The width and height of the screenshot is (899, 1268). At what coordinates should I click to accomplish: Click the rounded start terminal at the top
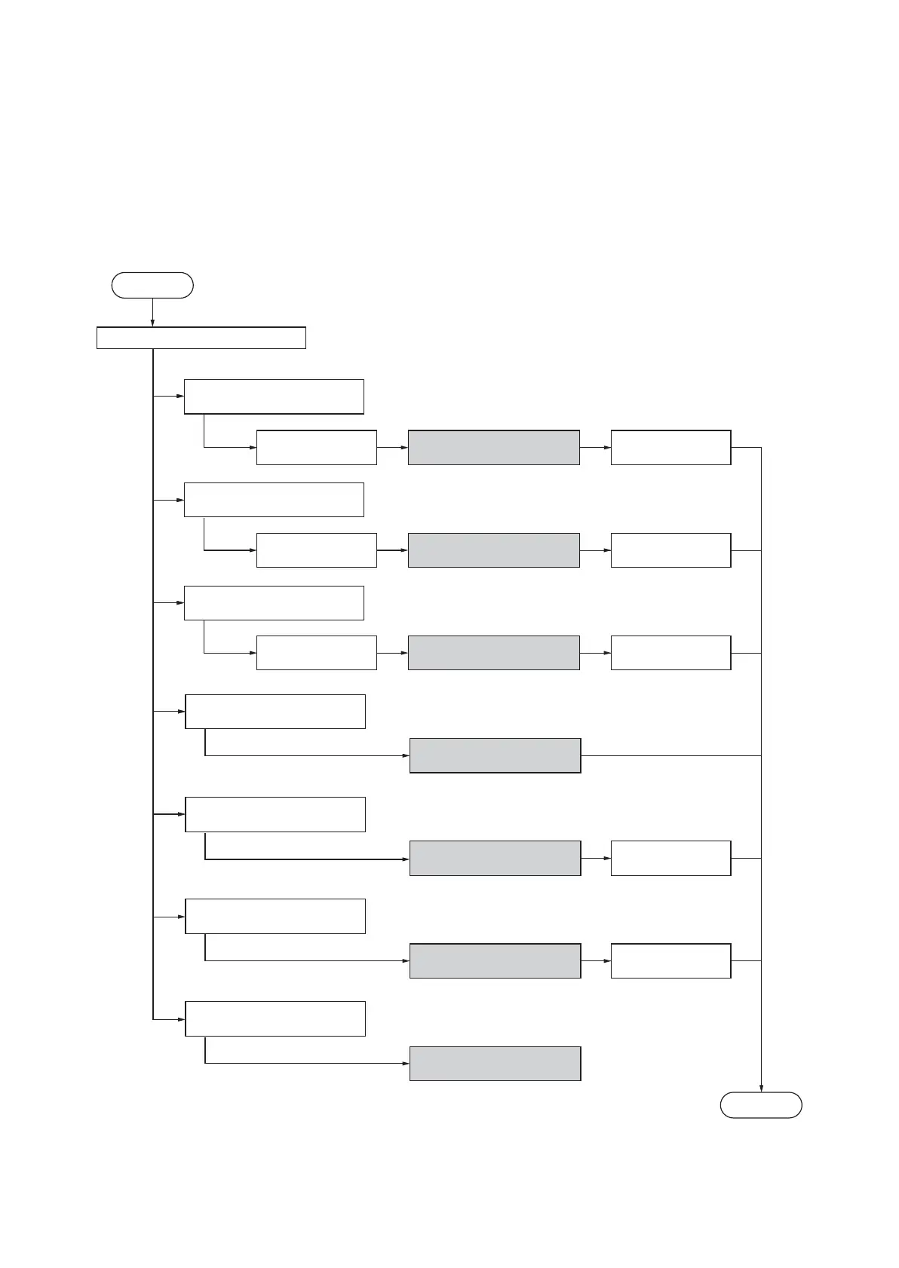pyautogui.click(x=152, y=285)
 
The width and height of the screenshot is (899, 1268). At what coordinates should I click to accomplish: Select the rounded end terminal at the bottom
pyautogui.click(x=761, y=1104)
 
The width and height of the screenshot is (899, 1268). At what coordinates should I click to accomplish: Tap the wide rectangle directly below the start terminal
pyautogui.click(x=201, y=338)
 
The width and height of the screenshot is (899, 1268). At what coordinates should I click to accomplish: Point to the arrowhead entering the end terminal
pyautogui.click(x=761, y=1088)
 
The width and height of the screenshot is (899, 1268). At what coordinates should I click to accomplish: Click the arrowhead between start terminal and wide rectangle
pyautogui.click(x=152, y=323)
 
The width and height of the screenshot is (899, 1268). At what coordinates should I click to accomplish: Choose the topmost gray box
pyautogui.click(x=494, y=447)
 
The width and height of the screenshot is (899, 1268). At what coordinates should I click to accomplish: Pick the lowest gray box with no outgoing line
pyautogui.click(x=495, y=1063)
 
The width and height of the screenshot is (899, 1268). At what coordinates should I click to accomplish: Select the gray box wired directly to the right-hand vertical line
pyautogui.click(x=495, y=755)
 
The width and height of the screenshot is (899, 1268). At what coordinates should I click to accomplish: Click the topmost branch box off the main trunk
pyautogui.click(x=274, y=397)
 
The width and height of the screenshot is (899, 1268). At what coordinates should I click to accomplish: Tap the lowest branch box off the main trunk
pyautogui.click(x=275, y=1018)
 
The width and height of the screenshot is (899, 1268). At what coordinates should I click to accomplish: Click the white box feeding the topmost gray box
pyautogui.click(x=317, y=447)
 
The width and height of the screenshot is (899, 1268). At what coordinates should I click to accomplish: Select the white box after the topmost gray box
pyautogui.click(x=670, y=447)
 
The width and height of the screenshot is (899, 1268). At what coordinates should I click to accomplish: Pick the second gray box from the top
pyautogui.click(x=494, y=550)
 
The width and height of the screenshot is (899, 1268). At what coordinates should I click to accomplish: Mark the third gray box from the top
pyautogui.click(x=494, y=652)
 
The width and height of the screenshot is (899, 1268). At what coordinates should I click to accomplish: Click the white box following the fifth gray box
pyautogui.click(x=670, y=858)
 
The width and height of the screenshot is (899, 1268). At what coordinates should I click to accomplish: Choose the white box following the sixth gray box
pyautogui.click(x=670, y=960)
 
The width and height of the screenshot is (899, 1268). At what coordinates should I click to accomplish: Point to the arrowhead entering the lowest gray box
pyautogui.click(x=406, y=1063)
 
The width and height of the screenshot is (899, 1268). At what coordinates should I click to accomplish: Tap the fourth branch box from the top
pyautogui.click(x=275, y=711)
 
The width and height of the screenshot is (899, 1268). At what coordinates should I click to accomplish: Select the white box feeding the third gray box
pyautogui.click(x=317, y=652)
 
